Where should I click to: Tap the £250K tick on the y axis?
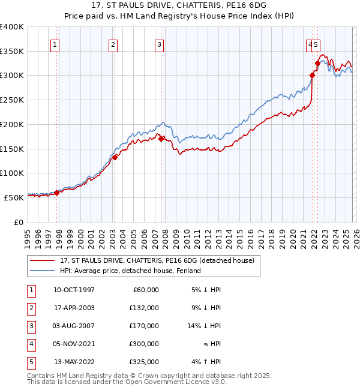point(12,100)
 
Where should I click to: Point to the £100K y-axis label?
point(12,173)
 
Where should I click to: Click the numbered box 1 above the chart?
point(55,44)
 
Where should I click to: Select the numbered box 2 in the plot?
point(113,44)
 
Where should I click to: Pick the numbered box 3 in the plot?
point(159,44)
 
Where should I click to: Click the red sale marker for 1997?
point(57,193)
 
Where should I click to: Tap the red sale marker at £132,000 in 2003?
point(115,158)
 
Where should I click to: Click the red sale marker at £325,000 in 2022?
point(317,63)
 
